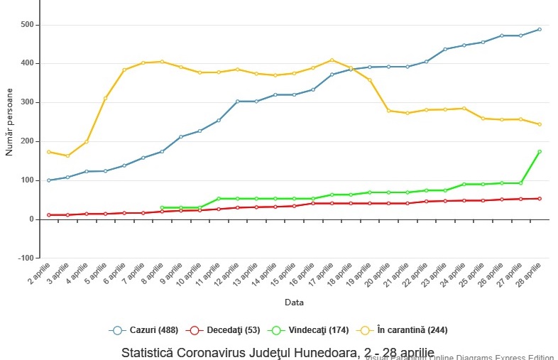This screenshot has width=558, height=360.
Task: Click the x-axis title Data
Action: pyautogui.click(x=295, y=302)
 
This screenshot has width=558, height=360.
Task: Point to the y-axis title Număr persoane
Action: pyautogui.click(x=9, y=122)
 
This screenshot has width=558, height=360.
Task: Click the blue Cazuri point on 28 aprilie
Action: pyautogui.click(x=539, y=30)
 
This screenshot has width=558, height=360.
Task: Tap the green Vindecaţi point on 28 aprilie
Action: pyautogui.click(x=539, y=152)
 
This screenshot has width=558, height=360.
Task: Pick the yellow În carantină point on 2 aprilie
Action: pyautogui.click(x=49, y=152)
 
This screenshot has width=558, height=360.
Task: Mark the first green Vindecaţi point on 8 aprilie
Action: pyautogui.click(x=162, y=208)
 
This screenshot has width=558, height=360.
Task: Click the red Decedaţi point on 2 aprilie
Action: pyautogui.click(x=49, y=215)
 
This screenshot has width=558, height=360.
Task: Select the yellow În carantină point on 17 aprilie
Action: pyautogui.click(x=332, y=60)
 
